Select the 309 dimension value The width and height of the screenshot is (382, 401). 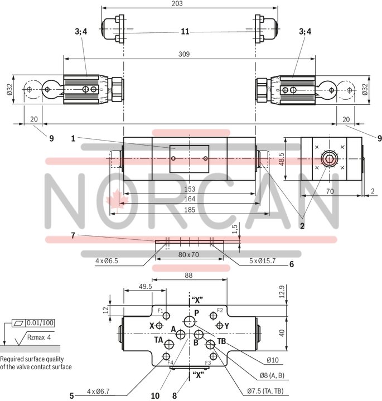184,54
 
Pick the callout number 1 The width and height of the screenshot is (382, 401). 74,137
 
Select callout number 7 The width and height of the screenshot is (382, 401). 74,236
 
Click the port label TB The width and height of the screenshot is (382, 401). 221,341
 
